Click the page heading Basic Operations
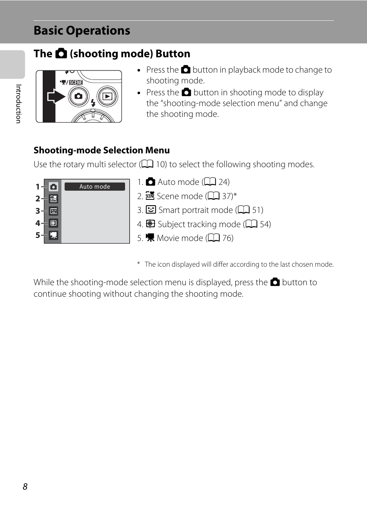tap(82, 31)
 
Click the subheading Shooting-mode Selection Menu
tap(102, 150)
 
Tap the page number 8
tap(25, 487)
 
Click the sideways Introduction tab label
tap(18, 104)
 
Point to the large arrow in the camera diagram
tap(56, 96)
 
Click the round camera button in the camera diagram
tap(78, 96)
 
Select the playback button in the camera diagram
tap(107, 96)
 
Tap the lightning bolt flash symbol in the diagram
tap(93, 103)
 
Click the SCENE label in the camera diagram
tap(76, 82)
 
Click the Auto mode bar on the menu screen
tap(95, 186)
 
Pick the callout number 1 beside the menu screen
tap(38, 187)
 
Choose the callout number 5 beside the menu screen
tap(38, 235)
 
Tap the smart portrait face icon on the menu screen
tap(53, 211)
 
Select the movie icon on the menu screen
tap(53, 235)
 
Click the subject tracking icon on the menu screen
tap(53, 223)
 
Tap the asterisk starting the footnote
tap(138, 264)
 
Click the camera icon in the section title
tap(61, 53)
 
